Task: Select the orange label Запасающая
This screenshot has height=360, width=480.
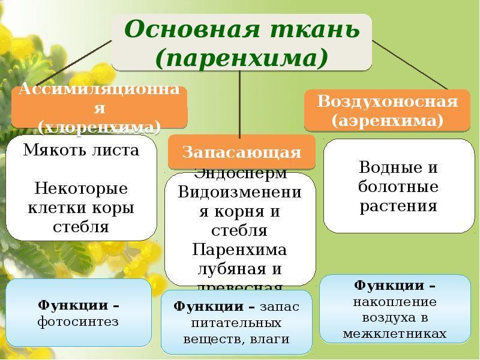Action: pyautogui.click(x=242, y=152)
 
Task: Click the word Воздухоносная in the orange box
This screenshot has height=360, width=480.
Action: pyautogui.click(x=387, y=101)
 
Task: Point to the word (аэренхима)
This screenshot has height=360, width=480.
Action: pyautogui.click(x=387, y=121)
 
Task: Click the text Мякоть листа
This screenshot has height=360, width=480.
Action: pyautogui.click(x=82, y=150)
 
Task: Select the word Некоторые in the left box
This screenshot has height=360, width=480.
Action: pyautogui.click(x=82, y=189)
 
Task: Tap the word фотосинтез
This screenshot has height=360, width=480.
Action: pyautogui.click(x=78, y=322)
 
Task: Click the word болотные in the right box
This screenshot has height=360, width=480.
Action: pyautogui.click(x=398, y=187)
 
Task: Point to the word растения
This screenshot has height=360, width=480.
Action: pyautogui.click(x=398, y=206)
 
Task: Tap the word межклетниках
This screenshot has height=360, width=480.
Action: pyautogui.click(x=395, y=334)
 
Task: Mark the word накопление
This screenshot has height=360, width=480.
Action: pyautogui.click(x=395, y=301)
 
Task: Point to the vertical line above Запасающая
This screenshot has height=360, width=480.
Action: pyautogui.click(x=241, y=102)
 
